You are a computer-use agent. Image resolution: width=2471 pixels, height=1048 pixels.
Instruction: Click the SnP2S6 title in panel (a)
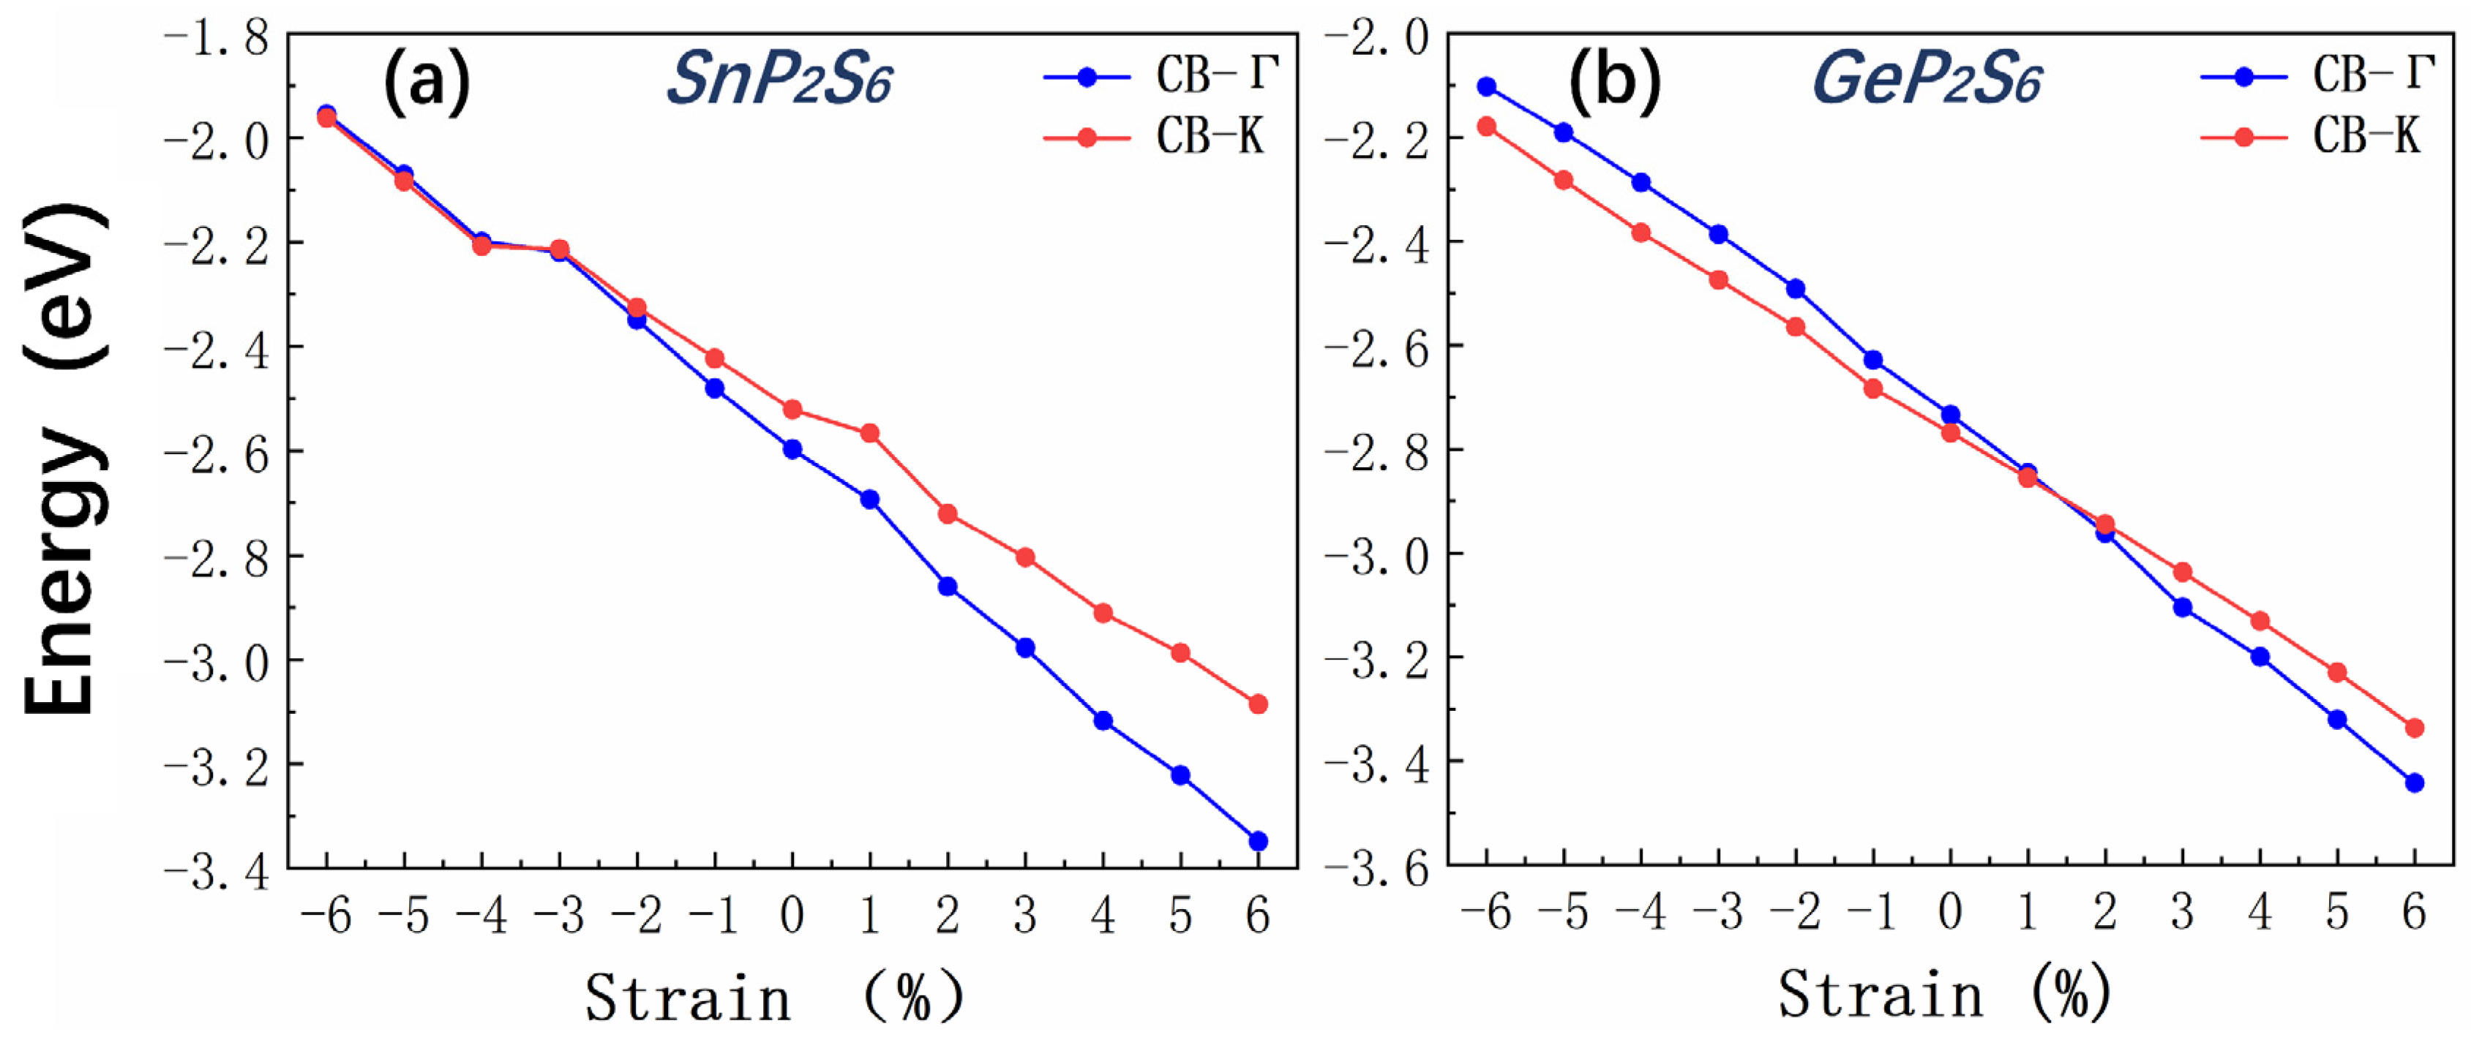click(x=779, y=79)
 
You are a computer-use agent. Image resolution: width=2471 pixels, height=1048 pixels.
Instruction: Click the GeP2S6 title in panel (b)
click(x=1926, y=79)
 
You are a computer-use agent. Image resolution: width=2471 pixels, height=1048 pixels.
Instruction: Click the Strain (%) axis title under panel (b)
click(x=1943, y=995)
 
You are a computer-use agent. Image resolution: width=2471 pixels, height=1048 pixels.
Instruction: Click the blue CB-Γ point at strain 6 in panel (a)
click(x=1258, y=841)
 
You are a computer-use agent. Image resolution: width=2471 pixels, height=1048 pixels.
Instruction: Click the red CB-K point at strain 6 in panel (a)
click(x=1258, y=704)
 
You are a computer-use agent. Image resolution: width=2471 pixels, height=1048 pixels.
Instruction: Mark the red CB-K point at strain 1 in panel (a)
click(x=870, y=434)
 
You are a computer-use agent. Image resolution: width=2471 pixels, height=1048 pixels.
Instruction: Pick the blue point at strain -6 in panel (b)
click(x=1487, y=86)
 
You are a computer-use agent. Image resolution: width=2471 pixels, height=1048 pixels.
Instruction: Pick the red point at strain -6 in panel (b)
click(x=1487, y=126)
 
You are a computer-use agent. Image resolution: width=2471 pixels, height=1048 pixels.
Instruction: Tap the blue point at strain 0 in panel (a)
click(x=792, y=449)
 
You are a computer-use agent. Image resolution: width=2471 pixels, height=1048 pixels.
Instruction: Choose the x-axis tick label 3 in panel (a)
click(x=1024, y=916)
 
